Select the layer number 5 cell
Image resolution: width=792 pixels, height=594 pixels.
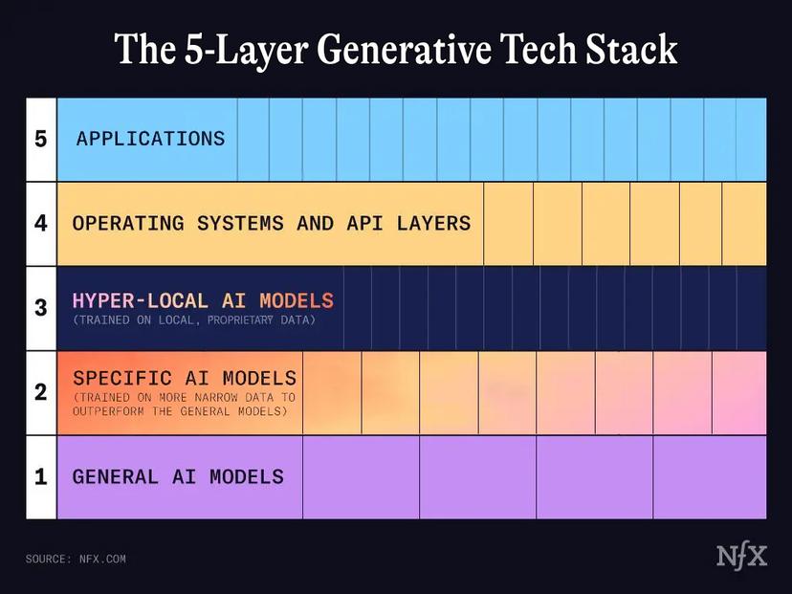coord(40,139)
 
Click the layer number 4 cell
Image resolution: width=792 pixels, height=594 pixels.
coord(40,223)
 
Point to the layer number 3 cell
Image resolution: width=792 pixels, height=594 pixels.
coord(40,308)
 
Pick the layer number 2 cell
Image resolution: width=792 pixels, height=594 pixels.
coord(40,392)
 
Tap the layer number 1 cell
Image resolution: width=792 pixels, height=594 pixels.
coord(40,476)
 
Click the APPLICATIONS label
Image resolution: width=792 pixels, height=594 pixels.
coord(150,139)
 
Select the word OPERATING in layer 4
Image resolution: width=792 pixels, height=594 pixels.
coord(128,223)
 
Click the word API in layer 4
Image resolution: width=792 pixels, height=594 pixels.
coord(357,223)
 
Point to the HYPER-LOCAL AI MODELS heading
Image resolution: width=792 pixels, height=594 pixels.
coord(203,301)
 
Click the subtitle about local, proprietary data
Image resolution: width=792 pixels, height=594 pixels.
coord(193,319)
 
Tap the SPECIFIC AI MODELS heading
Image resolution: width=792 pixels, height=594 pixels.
coord(184,379)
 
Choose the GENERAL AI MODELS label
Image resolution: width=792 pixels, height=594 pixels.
coord(178,476)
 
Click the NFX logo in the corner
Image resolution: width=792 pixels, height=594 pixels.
coord(741,557)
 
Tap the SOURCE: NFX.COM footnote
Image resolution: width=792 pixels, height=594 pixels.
coord(76,559)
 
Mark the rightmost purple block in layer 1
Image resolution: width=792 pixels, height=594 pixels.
coord(710,476)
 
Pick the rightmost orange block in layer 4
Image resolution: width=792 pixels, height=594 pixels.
coord(744,223)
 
